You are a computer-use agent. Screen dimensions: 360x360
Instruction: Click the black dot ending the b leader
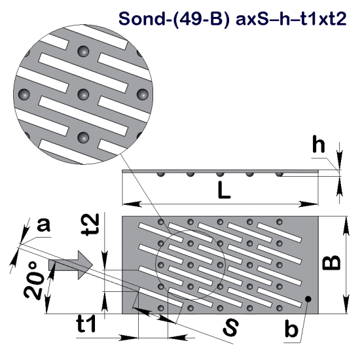click(307, 300)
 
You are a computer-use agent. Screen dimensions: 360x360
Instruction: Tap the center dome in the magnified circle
click(83, 94)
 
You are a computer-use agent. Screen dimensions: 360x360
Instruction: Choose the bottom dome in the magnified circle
click(84, 137)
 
